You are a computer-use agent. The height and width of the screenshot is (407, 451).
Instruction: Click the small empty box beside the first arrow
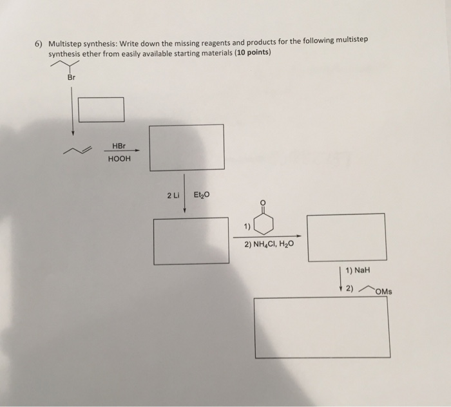point(102,109)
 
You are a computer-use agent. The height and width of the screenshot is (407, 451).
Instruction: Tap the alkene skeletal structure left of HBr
point(78,151)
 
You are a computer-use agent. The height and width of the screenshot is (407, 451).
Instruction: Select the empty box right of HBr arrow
point(186,147)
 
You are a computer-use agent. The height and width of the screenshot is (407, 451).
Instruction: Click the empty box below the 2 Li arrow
point(191,240)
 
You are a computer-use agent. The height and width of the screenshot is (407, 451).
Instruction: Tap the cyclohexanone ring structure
point(263,223)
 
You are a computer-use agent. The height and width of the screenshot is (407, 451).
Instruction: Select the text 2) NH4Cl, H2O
point(270,245)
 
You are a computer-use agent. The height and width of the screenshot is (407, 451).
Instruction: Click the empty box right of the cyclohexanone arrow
point(346,237)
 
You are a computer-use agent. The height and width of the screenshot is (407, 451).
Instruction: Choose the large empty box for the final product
point(321,327)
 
